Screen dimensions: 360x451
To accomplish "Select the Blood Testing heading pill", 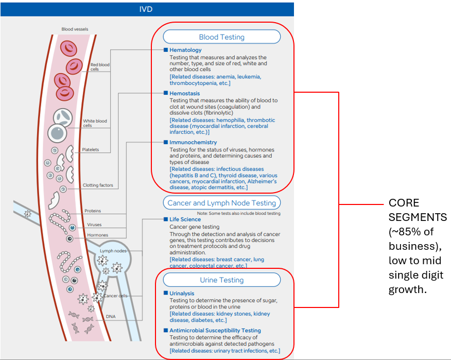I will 221,37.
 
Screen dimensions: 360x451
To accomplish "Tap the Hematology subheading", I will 185,50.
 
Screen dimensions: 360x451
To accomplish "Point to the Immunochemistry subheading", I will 193,142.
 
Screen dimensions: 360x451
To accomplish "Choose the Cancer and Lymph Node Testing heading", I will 221,203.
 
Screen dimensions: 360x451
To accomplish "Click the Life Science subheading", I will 185,219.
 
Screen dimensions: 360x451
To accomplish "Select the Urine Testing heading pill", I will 221,280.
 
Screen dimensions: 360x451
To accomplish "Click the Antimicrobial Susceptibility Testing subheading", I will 215,331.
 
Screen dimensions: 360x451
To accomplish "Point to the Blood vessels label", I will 75,29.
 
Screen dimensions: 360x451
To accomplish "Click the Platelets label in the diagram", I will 90,150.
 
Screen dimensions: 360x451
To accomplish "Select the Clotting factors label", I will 98,185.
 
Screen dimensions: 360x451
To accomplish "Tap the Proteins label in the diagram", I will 93,211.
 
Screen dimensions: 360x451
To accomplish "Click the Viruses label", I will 94,225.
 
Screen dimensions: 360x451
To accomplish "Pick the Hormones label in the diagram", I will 97,235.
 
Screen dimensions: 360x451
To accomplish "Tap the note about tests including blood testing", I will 239,213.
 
